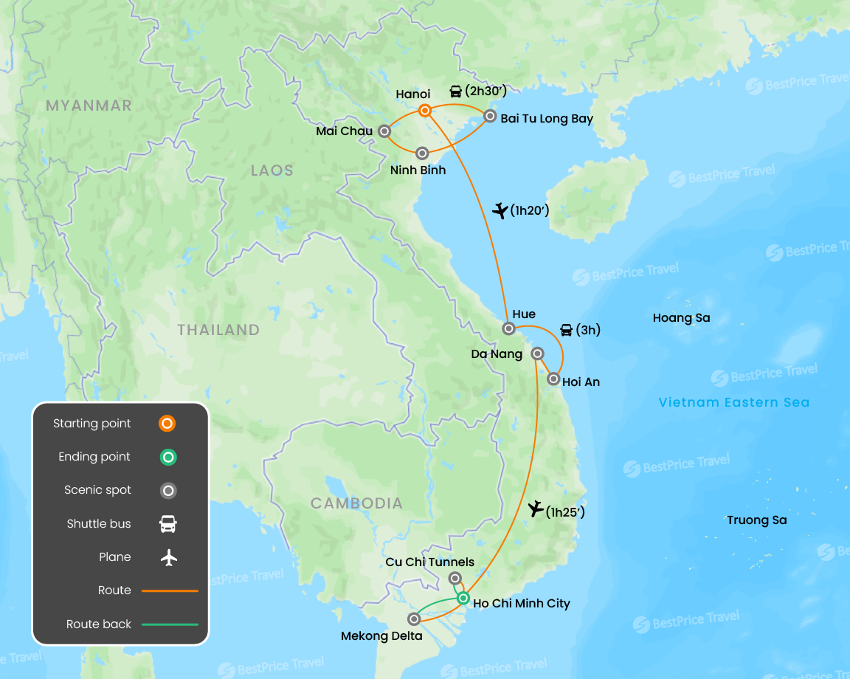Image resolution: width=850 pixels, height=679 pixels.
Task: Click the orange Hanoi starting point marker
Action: [x=425, y=111]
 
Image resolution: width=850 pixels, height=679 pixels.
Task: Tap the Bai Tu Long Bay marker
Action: [x=489, y=116]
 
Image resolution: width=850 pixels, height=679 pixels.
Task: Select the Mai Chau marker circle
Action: [x=384, y=131]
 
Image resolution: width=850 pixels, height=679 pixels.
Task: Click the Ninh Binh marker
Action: [x=422, y=154]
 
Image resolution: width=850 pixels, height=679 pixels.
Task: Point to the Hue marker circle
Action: [x=508, y=328]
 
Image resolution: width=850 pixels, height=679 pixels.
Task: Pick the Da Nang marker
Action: [x=538, y=353]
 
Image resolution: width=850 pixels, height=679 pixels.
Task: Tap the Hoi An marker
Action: [x=553, y=379]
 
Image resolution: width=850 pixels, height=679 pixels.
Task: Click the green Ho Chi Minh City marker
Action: [x=463, y=598]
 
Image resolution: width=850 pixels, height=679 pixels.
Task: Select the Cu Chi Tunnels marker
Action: [x=455, y=578]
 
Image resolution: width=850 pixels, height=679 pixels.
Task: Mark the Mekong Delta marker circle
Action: [x=414, y=618]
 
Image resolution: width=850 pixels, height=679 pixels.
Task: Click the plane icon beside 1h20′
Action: [x=500, y=210]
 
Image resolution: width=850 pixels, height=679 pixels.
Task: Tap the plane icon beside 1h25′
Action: [x=536, y=509]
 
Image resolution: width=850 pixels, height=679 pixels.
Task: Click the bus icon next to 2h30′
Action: [x=456, y=92]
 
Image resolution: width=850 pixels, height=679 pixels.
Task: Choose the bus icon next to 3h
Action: [x=566, y=330]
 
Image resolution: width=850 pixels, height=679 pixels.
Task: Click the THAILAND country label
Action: [x=218, y=330]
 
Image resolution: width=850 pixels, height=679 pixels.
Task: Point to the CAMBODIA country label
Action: [x=356, y=503]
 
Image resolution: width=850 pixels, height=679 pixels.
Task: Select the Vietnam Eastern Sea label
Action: [x=733, y=402]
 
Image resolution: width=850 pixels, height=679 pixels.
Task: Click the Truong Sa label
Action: [x=756, y=520]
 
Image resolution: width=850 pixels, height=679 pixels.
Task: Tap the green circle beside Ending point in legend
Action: [x=168, y=458]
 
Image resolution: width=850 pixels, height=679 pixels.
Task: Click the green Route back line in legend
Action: [x=170, y=624]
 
